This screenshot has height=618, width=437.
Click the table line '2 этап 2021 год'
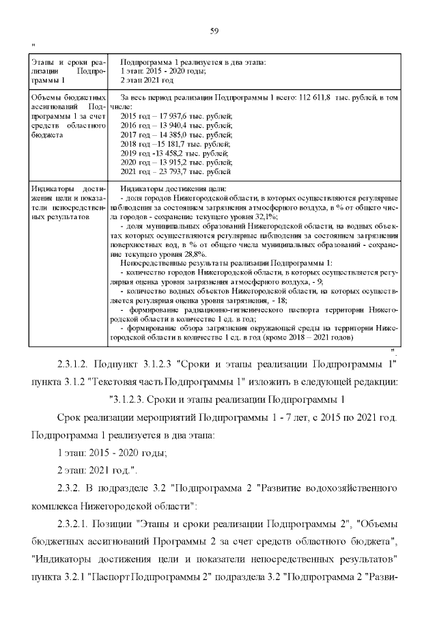pyautogui.click(x=147, y=80)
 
